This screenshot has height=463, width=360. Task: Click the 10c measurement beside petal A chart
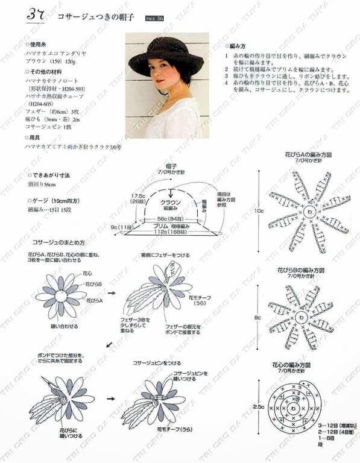click(x=258, y=212)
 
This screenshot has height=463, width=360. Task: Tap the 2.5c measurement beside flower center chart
click(x=258, y=407)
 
